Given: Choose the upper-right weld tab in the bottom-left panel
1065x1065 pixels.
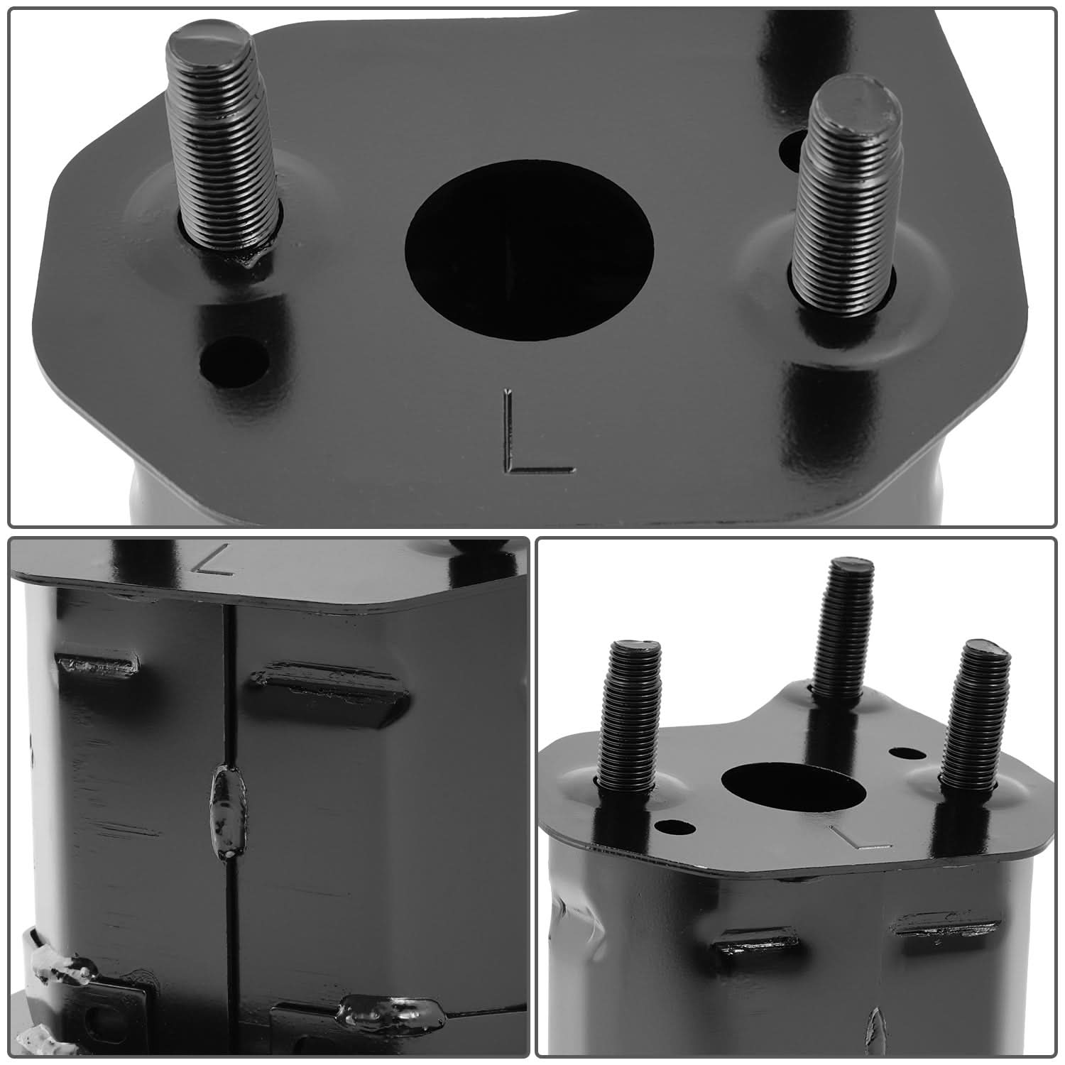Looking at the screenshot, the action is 329,685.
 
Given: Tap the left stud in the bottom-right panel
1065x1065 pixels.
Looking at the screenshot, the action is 630,717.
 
